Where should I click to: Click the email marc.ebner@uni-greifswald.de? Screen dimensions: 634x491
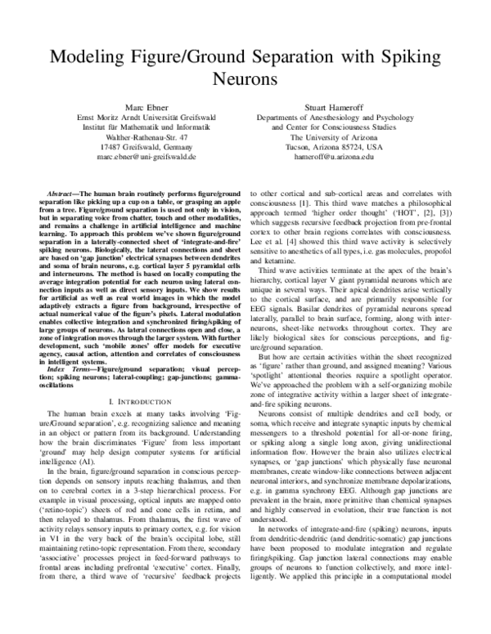[142, 155]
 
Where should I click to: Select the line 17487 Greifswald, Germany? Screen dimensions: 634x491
[142, 146]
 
